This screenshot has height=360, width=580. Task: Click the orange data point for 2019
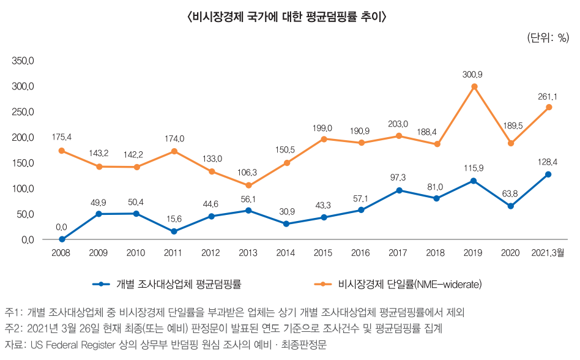[474, 87]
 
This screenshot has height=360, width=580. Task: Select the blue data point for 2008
[62, 239]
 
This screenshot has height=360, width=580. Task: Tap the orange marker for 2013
[248, 186]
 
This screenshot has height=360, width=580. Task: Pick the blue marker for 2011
[174, 231]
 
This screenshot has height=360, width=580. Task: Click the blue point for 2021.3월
[548, 174]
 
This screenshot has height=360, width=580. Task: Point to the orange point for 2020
[511, 143]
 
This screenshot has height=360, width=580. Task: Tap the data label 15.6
[174, 219]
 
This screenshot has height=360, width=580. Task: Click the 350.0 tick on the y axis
[24, 61]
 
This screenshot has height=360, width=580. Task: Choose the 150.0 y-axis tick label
[24, 163]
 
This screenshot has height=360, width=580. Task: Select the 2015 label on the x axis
[323, 253]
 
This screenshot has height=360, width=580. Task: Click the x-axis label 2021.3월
[548, 253]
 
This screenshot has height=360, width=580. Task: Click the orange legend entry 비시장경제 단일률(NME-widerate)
[398, 284]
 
